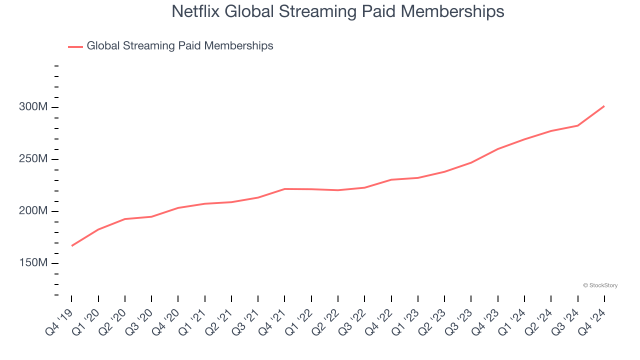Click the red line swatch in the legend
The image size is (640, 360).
tap(75, 46)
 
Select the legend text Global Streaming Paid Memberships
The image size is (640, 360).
tap(180, 46)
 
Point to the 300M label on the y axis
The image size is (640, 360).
tap(33, 107)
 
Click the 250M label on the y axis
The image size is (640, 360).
tap(33, 159)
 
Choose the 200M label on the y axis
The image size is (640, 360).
tap(33, 211)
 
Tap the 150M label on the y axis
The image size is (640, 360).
tap(33, 263)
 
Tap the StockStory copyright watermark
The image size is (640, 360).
tap(600, 285)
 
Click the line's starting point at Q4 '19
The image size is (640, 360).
tap(71, 246)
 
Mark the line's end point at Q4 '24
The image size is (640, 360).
tap(604, 106)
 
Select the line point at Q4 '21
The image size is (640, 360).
tap(284, 189)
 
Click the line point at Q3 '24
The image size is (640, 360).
tap(577, 125)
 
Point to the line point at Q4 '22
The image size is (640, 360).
tap(391, 179)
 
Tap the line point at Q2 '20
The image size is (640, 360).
tap(124, 219)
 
